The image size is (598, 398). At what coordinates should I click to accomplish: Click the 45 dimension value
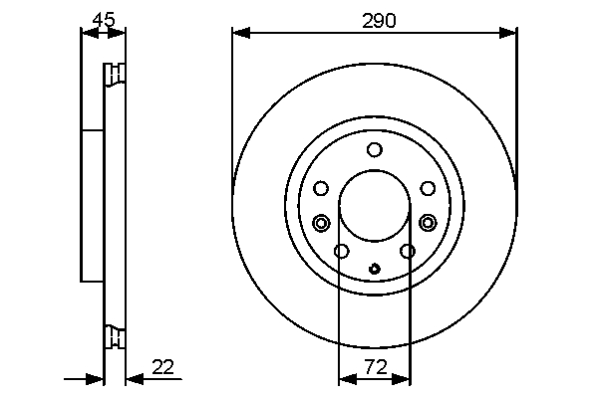click(x=102, y=18)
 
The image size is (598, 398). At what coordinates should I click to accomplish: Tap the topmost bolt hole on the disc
click(x=375, y=150)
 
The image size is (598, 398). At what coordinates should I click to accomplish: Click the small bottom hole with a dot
click(x=375, y=268)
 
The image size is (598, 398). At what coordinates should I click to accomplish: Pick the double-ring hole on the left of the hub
click(x=321, y=222)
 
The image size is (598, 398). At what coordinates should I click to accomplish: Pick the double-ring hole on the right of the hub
click(x=429, y=222)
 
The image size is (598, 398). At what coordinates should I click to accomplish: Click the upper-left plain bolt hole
click(x=321, y=188)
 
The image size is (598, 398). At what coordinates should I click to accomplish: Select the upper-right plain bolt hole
click(x=428, y=188)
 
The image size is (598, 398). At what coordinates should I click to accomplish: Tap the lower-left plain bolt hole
click(x=341, y=251)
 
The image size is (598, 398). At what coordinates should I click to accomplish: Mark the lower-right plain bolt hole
click(x=408, y=251)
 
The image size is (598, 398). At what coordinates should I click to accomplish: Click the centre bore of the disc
click(x=375, y=206)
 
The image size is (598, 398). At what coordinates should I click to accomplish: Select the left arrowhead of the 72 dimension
click(x=346, y=378)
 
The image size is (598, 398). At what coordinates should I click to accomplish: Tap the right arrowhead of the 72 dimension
click(x=404, y=378)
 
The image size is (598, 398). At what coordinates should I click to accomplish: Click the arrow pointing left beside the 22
click(x=134, y=378)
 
